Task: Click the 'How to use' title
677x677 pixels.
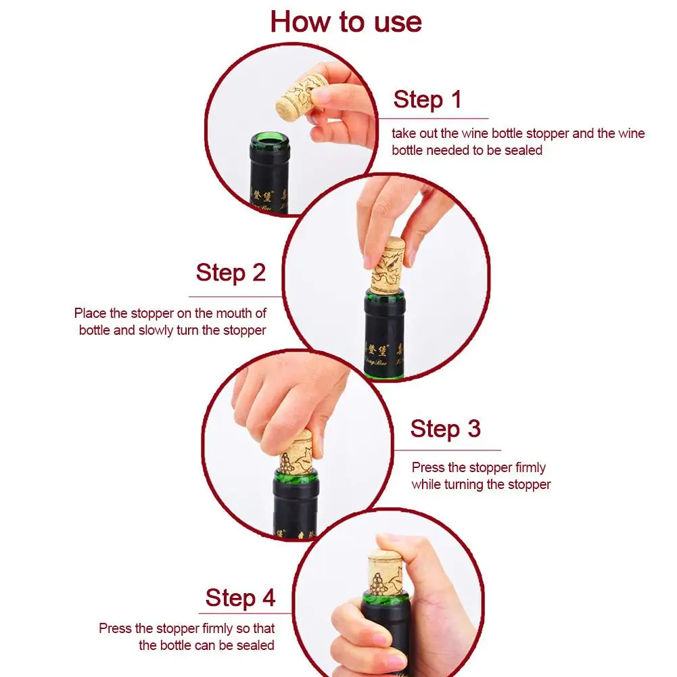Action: (346, 22)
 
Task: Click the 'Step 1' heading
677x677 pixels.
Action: (427, 99)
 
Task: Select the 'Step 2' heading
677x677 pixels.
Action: (231, 273)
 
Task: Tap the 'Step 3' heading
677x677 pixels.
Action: (446, 429)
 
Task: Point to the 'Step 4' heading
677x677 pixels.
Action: (241, 598)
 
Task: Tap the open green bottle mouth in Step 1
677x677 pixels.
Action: (269, 139)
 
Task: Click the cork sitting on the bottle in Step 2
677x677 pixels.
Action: (388, 267)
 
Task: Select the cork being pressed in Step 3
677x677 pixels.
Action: (297, 452)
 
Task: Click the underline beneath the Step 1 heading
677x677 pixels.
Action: (434, 118)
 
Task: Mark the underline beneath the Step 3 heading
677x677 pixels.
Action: (447, 450)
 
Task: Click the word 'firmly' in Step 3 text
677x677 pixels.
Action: (531, 467)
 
